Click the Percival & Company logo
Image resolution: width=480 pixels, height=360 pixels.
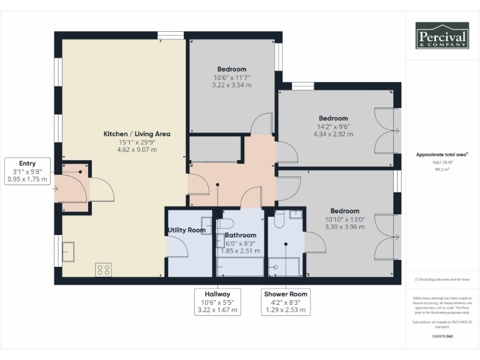tap(442, 36)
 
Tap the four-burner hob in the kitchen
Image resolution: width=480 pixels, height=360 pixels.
tap(103, 270)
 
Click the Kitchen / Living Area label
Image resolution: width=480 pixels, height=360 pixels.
tap(136, 134)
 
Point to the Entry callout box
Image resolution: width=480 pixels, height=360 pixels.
tap(27, 171)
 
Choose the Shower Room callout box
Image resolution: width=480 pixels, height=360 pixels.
tap(286, 301)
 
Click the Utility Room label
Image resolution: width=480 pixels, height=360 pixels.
tap(186, 231)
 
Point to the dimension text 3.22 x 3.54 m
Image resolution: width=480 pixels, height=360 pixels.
tap(231, 84)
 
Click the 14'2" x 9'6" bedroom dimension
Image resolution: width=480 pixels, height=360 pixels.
tap(333, 126)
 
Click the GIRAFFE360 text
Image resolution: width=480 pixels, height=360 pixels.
tap(442, 336)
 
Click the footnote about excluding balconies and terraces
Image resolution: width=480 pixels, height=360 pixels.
tap(442, 279)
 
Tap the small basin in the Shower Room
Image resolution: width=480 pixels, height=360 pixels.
tap(296, 214)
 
